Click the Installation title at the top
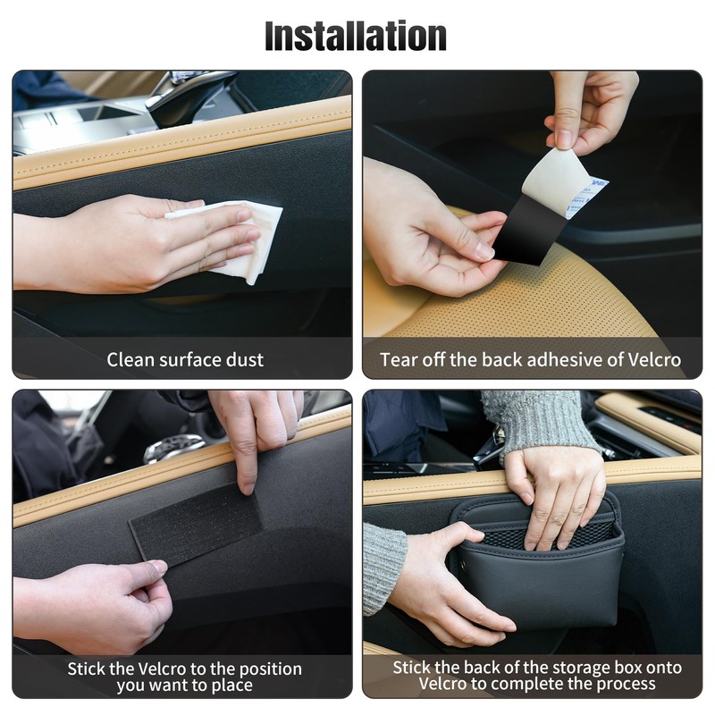tap(356, 36)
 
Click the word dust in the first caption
tap(244, 360)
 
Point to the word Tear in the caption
tap(399, 360)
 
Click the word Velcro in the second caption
tap(651, 360)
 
